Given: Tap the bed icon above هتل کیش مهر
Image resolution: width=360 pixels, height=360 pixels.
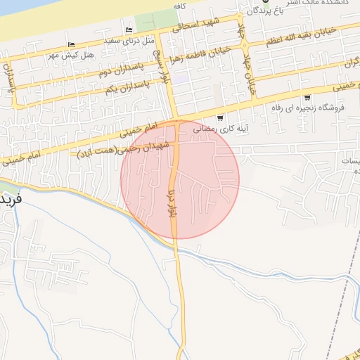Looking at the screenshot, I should tap(72, 44).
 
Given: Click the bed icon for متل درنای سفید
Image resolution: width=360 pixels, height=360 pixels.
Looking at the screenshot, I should tap(129, 30).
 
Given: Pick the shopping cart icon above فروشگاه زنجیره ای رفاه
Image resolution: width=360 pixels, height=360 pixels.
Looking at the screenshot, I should tap(307, 97).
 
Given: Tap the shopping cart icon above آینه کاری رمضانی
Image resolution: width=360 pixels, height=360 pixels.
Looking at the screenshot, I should tap(220, 118).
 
